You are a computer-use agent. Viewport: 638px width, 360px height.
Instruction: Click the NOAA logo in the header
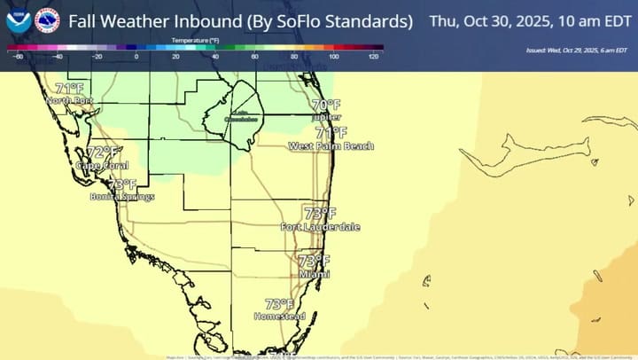18,20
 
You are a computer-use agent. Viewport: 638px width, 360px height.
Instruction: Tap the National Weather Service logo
47,20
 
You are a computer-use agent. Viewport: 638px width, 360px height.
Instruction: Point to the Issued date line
580,51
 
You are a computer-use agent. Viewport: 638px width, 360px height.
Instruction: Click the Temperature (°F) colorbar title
196,41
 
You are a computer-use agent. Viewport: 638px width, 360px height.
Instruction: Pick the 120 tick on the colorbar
374,57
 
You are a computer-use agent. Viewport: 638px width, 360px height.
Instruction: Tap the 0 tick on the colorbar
136,57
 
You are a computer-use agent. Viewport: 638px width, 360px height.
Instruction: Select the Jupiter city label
326,117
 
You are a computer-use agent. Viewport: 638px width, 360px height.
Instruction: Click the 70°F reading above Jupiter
326,105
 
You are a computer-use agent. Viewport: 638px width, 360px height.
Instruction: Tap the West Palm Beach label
331,146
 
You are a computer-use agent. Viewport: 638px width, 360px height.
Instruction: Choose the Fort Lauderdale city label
320,228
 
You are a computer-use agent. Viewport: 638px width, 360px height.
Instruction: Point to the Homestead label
279,317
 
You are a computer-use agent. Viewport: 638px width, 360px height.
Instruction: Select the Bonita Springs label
122,197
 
